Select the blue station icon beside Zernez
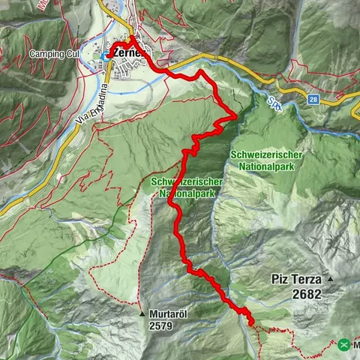click(104, 55)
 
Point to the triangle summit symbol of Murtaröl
click(142, 313)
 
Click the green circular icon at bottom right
click(343, 345)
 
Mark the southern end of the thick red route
click(251, 324)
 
